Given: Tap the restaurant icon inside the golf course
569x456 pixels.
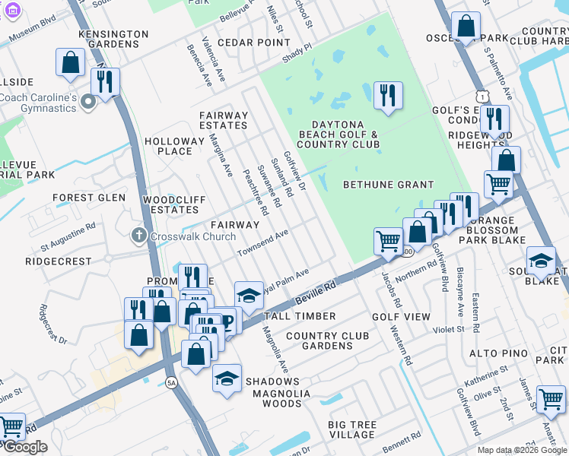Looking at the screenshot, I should [x=388, y=95].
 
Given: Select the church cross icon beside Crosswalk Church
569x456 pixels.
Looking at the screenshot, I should [x=138, y=236].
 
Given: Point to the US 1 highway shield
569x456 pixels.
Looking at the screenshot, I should [x=481, y=95].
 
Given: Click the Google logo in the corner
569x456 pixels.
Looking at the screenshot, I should [x=24, y=447].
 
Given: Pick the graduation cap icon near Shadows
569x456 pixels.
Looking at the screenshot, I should [x=227, y=378].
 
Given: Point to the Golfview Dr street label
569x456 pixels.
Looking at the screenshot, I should [x=294, y=170].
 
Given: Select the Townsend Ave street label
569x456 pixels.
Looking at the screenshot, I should [x=262, y=243].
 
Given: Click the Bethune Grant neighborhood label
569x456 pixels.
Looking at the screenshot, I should [x=388, y=185].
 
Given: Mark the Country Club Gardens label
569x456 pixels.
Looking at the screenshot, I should [x=319, y=340].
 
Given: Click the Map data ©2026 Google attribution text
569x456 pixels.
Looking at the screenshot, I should [x=522, y=450].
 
